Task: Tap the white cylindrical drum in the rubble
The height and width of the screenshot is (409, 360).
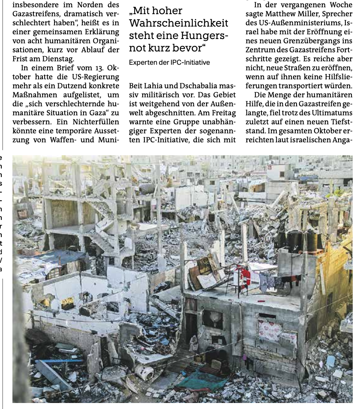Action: pyautogui.click(x=145, y=372)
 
